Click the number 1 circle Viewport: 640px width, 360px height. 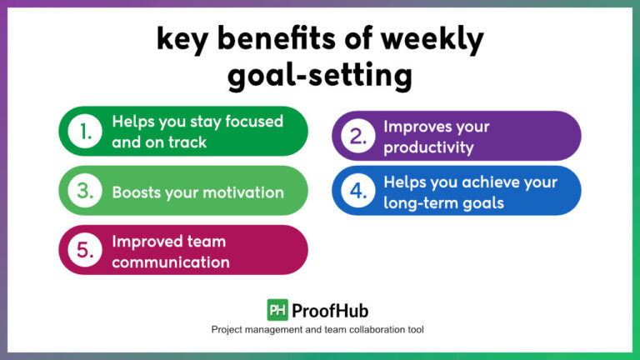(x=85, y=132)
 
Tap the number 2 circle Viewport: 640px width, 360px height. (x=358, y=137)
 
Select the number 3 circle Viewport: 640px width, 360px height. (x=85, y=192)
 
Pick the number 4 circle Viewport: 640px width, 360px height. (x=358, y=192)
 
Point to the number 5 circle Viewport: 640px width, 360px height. (x=85, y=251)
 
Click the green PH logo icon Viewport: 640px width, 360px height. (x=277, y=310)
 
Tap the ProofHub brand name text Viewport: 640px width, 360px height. (x=332, y=310)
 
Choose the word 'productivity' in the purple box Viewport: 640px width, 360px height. (x=428, y=147)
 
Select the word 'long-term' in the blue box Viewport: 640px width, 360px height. (x=422, y=202)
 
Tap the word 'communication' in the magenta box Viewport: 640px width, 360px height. (x=171, y=262)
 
